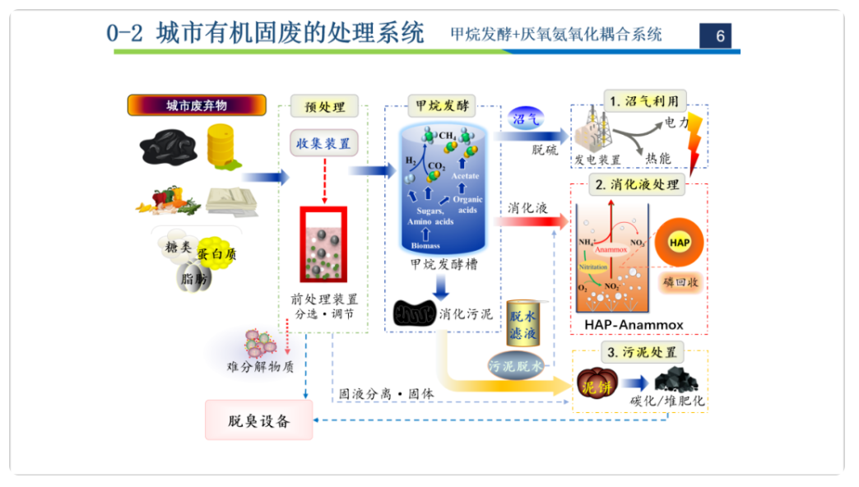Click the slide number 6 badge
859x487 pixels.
(x=719, y=35)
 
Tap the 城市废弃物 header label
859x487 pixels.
(x=197, y=105)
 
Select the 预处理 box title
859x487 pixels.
(x=323, y=106)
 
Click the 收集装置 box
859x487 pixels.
(x=323, y=143)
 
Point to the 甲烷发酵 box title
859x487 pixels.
(x=441, y=106)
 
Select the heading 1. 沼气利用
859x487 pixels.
(x=644, y=101)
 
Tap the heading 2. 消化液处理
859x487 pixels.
(x=639, y=184)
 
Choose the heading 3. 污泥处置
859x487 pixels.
(x=642, y=353)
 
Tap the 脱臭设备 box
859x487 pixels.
(x=259, y=421)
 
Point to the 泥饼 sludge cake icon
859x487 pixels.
(x=594, y=384)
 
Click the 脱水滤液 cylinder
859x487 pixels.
(x=523, y=323)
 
